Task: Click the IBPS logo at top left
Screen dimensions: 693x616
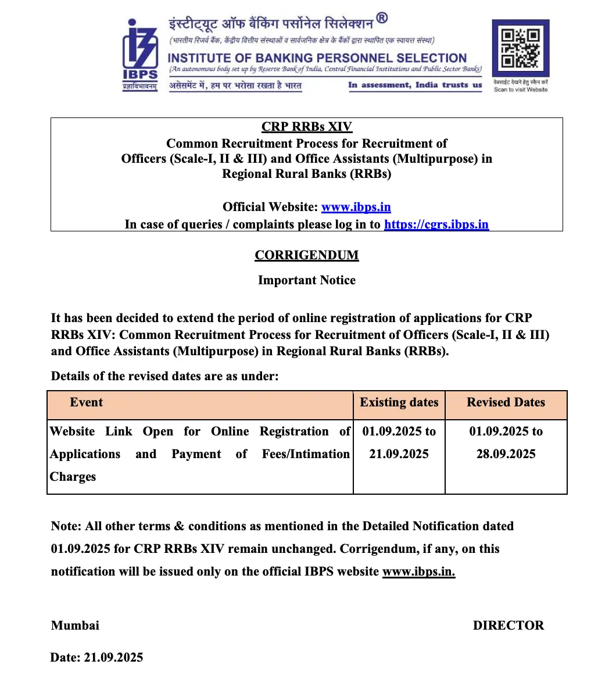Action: (140, 53)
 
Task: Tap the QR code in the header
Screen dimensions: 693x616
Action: (521, 49)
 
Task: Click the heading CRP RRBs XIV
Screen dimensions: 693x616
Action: (307, 127)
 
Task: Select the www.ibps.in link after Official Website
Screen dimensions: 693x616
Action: (356, 207)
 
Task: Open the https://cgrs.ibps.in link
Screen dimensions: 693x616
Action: (436, 224)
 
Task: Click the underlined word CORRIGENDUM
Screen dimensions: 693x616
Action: (307, 255)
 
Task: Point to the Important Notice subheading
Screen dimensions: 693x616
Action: (307, 280)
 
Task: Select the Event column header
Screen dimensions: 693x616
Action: (86, 402)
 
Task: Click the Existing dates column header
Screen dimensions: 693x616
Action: (399, 402)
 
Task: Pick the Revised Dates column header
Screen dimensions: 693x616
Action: (506, 402)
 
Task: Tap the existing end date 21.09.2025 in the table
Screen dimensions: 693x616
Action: (399, 454)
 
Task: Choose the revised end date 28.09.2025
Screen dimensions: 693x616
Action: (506, 454)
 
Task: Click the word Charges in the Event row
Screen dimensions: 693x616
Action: (73, 477)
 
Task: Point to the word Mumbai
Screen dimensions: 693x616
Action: (75, 626)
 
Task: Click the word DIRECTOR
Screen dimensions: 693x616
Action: (508, 626)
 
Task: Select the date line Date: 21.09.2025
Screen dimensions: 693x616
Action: (96, 658)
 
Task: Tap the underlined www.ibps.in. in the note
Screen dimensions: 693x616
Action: (418, 571)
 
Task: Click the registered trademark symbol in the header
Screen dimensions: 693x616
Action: (382, 19)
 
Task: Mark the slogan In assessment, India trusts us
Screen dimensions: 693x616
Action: (415, 85)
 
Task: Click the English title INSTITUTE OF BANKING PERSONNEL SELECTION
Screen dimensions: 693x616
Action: (317, 58)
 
